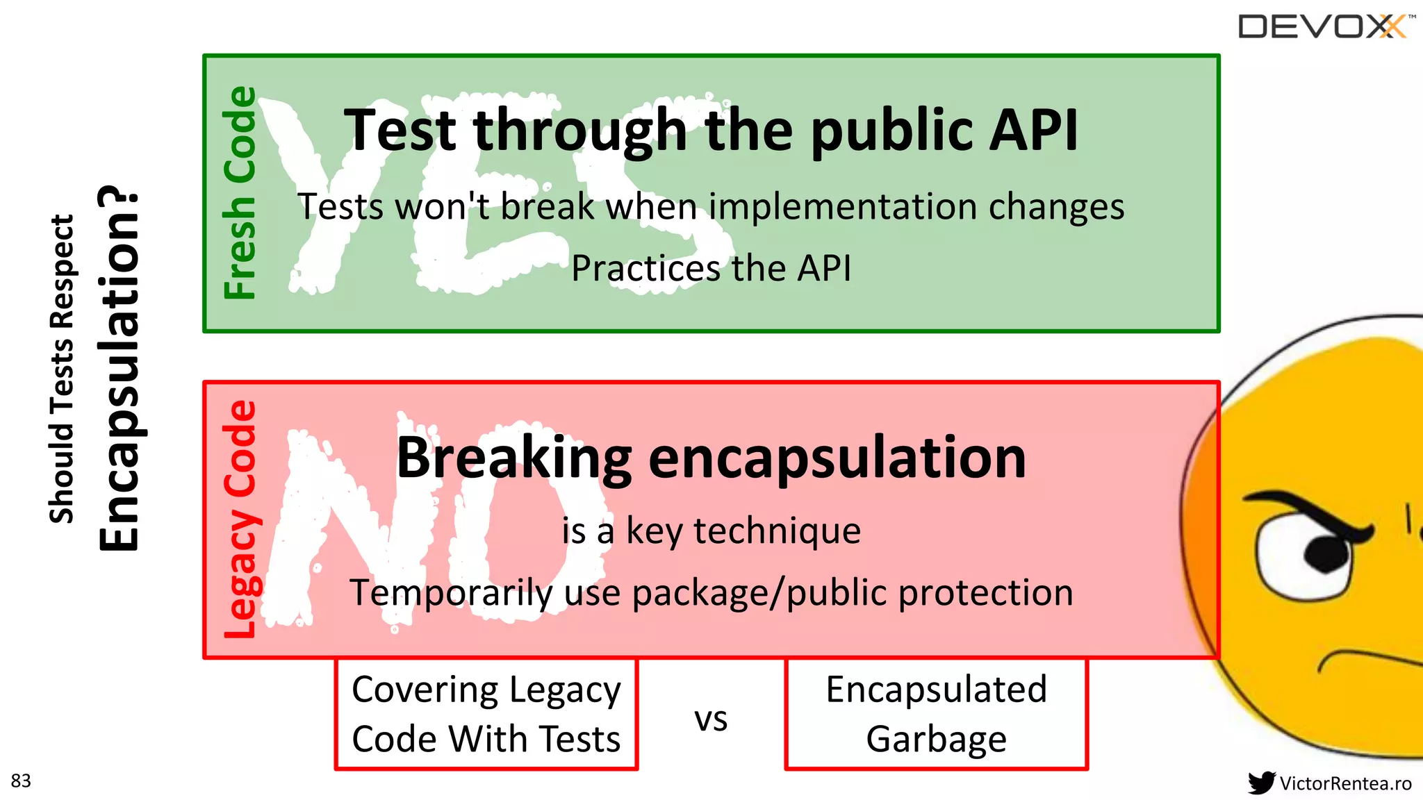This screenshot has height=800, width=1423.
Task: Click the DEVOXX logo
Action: [1324, 26]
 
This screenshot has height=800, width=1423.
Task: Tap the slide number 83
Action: [21, 781]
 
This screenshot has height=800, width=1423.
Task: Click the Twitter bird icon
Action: [1261, 783]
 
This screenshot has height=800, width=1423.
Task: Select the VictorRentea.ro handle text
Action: [1345, 783]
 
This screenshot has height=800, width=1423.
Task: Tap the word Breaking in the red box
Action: [514, 458]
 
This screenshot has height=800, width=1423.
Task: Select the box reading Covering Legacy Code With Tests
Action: [486, 714]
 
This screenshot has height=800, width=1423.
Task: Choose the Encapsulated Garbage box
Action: [936, 714]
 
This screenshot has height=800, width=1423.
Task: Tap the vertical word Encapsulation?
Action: [120, 368]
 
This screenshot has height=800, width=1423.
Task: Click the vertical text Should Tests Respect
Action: [61, 368]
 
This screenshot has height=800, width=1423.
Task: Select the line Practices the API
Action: [711, 268]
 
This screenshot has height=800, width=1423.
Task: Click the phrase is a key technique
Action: [711, 531]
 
